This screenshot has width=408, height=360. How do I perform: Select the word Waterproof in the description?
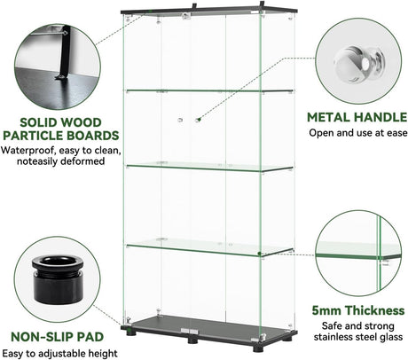pos(28,150)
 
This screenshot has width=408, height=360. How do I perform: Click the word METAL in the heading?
pos(328,117)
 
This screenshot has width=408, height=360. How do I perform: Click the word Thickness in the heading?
pos(375,310)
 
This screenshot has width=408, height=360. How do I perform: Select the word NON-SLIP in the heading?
pos(42,337)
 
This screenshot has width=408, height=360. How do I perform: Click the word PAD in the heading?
pos(90,337)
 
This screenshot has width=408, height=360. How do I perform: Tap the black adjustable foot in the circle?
pos(58,279)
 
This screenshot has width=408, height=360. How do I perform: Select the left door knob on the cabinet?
pos(180,120)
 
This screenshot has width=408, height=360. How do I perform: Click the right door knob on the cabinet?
pos(198,120)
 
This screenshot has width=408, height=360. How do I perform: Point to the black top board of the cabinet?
pos(208,11)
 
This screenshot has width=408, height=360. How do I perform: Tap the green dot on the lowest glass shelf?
pos(259,254)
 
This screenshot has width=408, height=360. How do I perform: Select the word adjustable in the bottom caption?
pos(67,354)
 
